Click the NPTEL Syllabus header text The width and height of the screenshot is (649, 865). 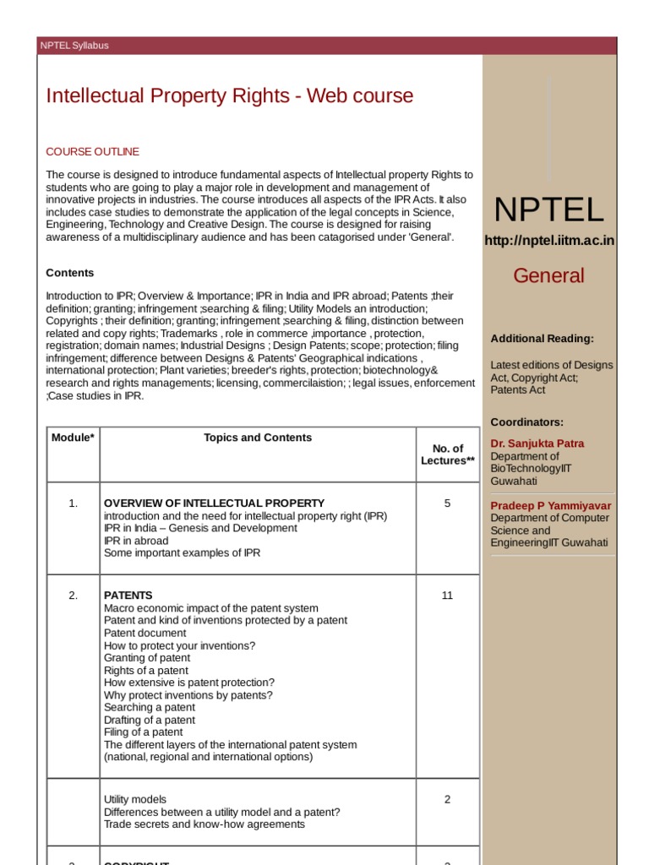(74, 46)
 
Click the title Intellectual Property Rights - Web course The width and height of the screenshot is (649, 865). (229, 95)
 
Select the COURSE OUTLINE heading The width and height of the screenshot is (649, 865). (92, 152)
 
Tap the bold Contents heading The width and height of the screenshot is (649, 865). (69, 273)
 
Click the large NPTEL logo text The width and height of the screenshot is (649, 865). (548, 209)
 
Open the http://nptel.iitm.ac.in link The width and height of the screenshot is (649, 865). (549, 241)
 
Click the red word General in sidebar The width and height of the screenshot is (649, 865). (548, 275)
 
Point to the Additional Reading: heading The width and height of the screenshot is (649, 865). (542, 339)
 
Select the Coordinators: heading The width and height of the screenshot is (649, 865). (526, 422)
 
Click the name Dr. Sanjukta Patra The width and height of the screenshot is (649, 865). (537, 443)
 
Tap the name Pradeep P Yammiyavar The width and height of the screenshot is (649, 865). (551, 506)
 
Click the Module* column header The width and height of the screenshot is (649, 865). (73, 438)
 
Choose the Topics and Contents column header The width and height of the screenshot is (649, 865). (258, 438)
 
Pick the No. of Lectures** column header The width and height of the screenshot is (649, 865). (448, 454)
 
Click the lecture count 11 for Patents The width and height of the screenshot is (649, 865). (447, 596)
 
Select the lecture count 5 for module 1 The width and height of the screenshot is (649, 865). (447, 503)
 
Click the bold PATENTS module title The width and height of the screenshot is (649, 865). (128, 596)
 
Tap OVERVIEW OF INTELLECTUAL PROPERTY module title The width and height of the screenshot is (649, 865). (214, 503)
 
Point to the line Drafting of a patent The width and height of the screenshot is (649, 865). (149, 720)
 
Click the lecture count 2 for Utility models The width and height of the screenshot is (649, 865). (447, 799)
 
